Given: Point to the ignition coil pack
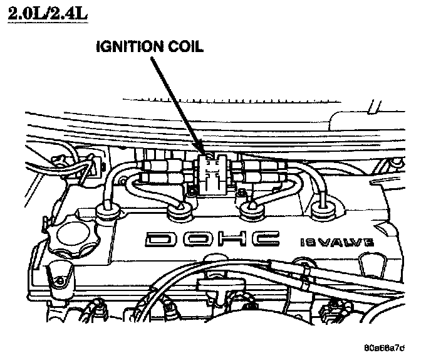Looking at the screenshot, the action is [x=212, y=172].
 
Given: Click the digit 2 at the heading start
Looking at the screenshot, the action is [x=14, y=14].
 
